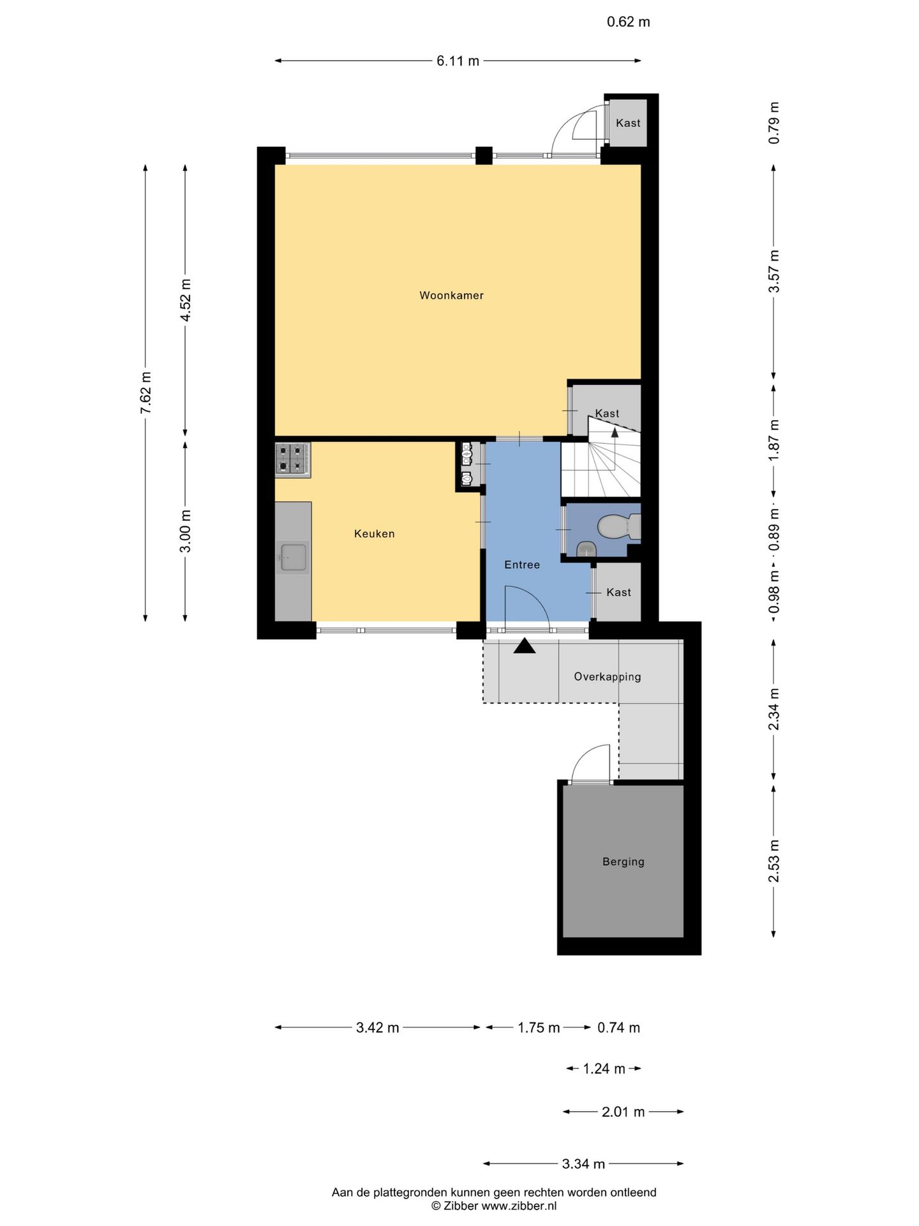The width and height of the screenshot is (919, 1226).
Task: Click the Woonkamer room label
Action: (451, 296)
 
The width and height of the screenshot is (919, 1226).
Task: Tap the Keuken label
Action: (375, 534)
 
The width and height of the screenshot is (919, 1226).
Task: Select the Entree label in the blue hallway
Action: (522, 564)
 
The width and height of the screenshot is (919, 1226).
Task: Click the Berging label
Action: (624, 862)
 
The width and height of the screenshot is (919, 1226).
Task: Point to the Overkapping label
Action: (608, 677)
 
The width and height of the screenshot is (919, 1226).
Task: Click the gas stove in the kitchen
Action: (293, 459)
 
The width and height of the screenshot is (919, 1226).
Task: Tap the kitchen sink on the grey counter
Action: (293, 557)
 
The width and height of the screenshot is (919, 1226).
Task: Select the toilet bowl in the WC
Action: (615, 526)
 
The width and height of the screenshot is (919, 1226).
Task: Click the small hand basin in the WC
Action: (586, 549)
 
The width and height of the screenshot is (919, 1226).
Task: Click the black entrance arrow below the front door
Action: (525, 646)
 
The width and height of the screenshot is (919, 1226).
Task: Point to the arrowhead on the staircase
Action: (615, 432)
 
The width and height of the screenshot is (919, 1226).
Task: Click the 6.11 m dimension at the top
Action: (458, 61)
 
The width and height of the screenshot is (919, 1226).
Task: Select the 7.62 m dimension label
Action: (146, 392)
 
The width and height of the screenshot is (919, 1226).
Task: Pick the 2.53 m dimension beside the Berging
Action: (774, 861)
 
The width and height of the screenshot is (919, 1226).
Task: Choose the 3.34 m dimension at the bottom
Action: (583, 1163)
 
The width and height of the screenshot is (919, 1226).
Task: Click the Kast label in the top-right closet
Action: (628, 123)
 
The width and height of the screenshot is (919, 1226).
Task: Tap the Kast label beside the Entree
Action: (618, 593)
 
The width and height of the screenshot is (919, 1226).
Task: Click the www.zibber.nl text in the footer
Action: (518, 1206)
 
